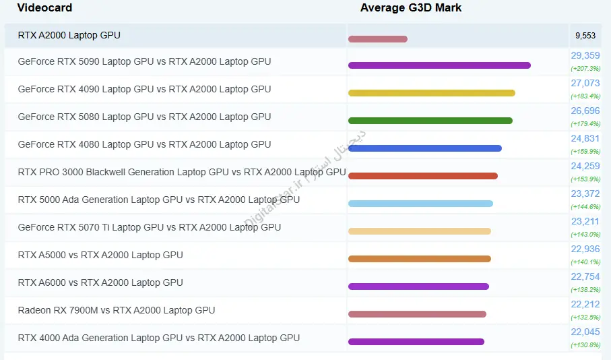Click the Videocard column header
[44, 8]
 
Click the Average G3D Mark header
[411, 8]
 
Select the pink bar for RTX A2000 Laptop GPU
[377, 39]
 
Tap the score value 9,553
[585, 36]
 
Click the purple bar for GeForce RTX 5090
[439, 65]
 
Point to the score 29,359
[585, 56]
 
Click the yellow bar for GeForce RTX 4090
[431, 93]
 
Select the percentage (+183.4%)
[585, 96]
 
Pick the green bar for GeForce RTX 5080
[430, 121]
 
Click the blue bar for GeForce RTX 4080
[424, 148]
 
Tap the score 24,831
[585, 139]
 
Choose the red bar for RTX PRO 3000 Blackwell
[422, 176]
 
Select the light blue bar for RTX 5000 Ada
[420, 204]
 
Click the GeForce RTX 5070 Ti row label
[149, 228]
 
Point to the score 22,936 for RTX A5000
[585, 249]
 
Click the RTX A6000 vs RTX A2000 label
[100, 283]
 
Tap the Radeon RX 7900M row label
[117, 311]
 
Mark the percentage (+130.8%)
[585, 344]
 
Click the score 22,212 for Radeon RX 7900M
[585, 305]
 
